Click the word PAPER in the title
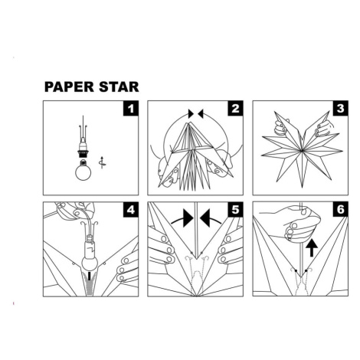[x=69, y=87]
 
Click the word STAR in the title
[x=119, y=87]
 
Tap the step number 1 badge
[x=131, y=109]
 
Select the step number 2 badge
[x=235, y=109]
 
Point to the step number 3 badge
[x=340, y=109]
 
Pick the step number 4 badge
[x=131, y=210]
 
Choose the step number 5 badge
[x=235, y=210]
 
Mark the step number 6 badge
[x=340, y=210]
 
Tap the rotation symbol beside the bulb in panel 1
[x=102, y=162]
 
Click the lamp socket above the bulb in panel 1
[x=83, y=151]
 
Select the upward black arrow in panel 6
[x=312, y=247]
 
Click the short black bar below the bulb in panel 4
[x=90, y=277]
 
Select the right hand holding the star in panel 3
[x=324, y=128]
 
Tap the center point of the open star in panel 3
[x=303, y=151]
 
